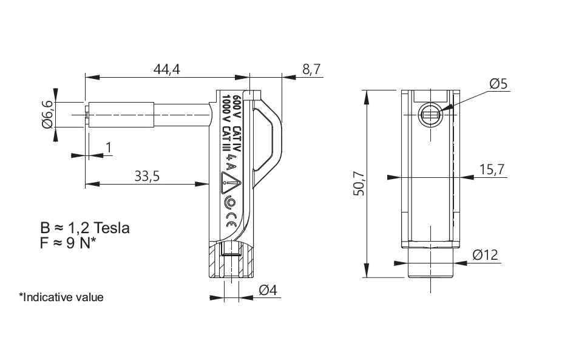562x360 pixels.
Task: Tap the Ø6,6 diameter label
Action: point(47,114)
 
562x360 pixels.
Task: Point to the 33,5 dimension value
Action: point(147,176)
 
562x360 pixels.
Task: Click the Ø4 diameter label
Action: point(268,290)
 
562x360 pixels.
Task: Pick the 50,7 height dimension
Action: point(359,183)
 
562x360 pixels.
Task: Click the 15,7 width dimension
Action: point(492,169)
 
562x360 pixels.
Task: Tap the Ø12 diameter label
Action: point(486,255)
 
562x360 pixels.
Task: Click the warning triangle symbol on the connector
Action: point(231,183)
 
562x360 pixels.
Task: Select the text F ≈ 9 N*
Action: point(68,243)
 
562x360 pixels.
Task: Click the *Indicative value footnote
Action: point(61,297)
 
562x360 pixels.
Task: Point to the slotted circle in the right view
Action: point(430,115)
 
